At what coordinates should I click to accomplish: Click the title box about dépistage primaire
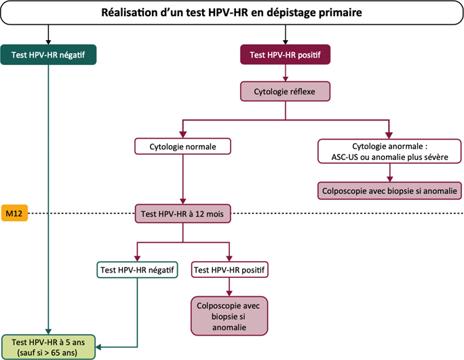pyautogui.click(x=232, y=13)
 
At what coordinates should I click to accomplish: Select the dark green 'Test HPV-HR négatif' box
pyautogui.click(x=50, y=54)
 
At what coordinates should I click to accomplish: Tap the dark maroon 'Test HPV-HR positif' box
pyautogui.click(x=285, y=54)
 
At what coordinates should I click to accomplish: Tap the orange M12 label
pyautogui.click(x=14, y=213)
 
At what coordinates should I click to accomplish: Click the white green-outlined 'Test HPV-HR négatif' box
pyautogui.click(x=138, y=269)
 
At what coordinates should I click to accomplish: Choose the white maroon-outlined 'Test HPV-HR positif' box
pyautogui.click(x=229, y=269)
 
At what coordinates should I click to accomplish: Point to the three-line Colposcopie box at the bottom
pyautogui.click(x=229, y=316)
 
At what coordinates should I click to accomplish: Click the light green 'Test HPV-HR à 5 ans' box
pyautogui.click(x=48, y=346)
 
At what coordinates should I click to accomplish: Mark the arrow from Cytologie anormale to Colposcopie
pyautogui.click(x=388, y=172)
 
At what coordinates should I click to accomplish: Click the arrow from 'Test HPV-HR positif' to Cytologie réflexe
pyautogui.click(x=285, y=73)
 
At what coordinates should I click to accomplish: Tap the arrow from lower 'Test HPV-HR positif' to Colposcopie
pyautogui.click(x=229, y=287)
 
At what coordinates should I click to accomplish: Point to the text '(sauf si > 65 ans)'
pyautogui.click(x=48, y=352)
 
